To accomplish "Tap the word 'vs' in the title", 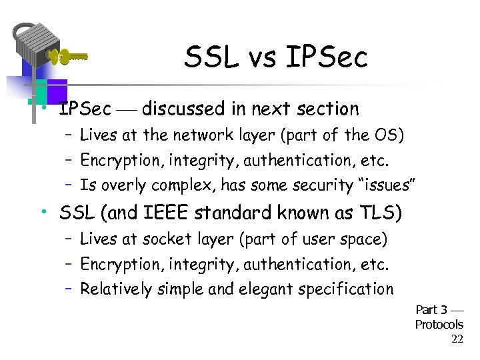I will [x=259, y=59].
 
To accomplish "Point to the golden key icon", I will [x=67, y=57].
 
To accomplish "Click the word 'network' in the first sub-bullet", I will [x=199, y=135].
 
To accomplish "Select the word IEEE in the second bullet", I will [x=167, y=213].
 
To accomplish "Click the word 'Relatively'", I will [x=114, y=289].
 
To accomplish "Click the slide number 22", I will [x=457, y=339].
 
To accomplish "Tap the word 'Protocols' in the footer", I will [x=439, y=325].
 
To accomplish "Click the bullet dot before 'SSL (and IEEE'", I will [x=42, y=213].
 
